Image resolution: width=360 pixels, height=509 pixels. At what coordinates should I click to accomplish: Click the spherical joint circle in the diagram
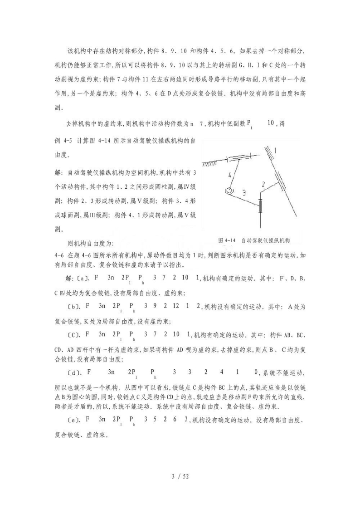(230, 191)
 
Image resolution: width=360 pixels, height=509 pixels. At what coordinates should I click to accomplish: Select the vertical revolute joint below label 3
(260, 207)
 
